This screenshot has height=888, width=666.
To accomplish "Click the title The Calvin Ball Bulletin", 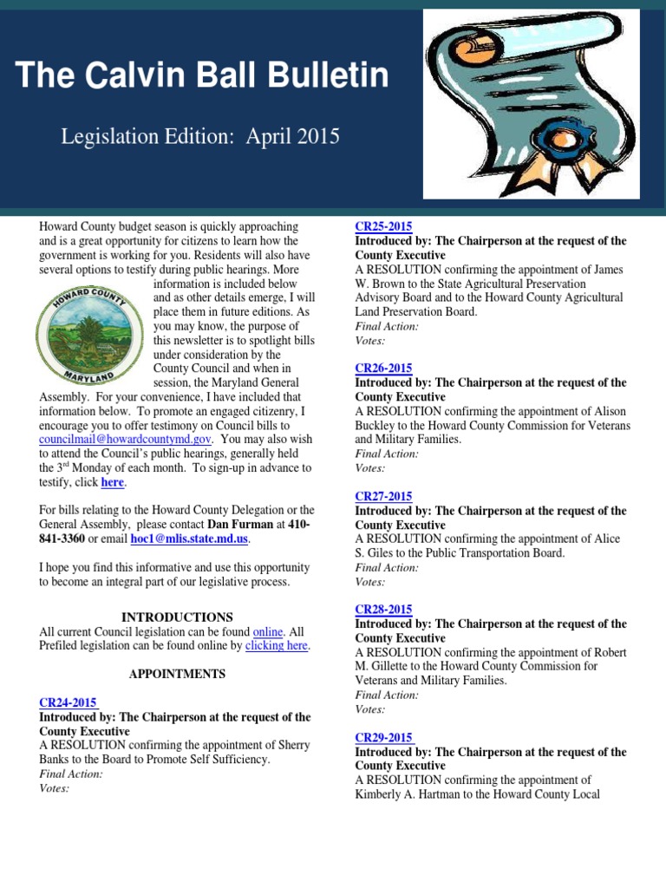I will pos(202,76).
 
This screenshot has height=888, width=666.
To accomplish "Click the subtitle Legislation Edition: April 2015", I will pos(199,136).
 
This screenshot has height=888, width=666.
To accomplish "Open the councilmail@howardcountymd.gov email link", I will pos(125,440).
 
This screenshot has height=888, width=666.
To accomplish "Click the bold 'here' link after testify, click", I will pos(112,482).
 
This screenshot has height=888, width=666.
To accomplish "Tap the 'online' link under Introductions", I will pos(268,631).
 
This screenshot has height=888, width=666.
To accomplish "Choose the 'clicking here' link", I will pos(277,645).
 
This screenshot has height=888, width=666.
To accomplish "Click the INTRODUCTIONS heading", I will pos(177,617).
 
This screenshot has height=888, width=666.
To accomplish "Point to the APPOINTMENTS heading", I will pos(177,674).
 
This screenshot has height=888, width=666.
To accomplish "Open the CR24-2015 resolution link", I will pos(69,702).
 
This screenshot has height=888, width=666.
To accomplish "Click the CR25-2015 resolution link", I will pos(383,227).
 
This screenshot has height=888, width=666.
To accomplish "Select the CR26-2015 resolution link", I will pos(383,369).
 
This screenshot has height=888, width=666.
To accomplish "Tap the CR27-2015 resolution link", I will pos(383,497).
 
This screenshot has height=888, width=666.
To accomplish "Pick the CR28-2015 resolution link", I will pos(383,610).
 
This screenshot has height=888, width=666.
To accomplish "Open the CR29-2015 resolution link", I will pos(383,738).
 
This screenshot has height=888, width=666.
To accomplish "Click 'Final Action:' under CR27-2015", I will pos(387,567).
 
